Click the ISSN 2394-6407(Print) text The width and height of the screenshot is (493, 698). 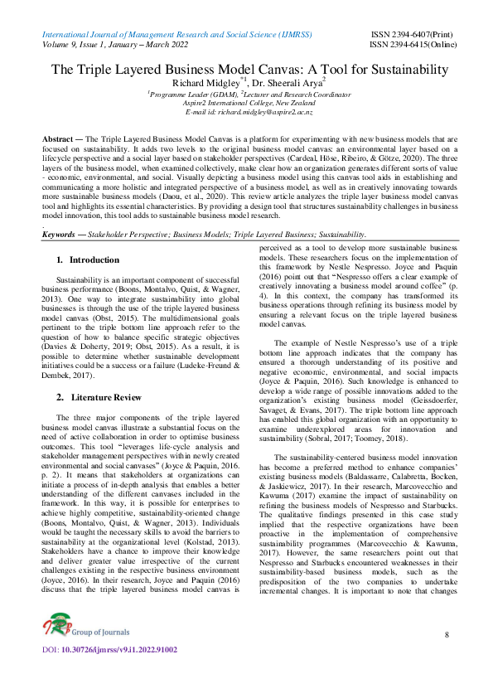click(410, 33)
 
